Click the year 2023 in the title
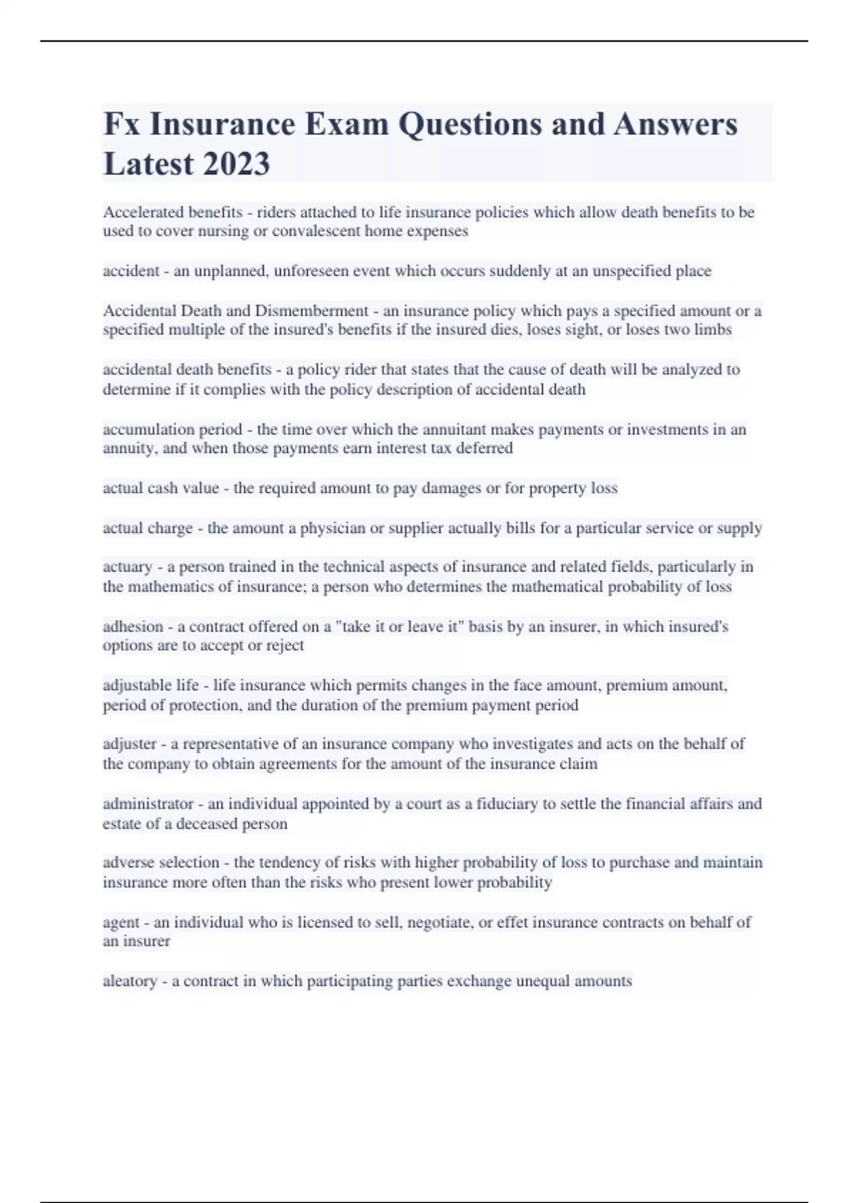tap(236, 163)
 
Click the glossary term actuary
tap(127, 567)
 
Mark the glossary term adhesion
tap(133, 626)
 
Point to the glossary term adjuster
tap(129, 744)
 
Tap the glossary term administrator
tap(148, 804)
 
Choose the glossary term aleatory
tap(129, 982)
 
